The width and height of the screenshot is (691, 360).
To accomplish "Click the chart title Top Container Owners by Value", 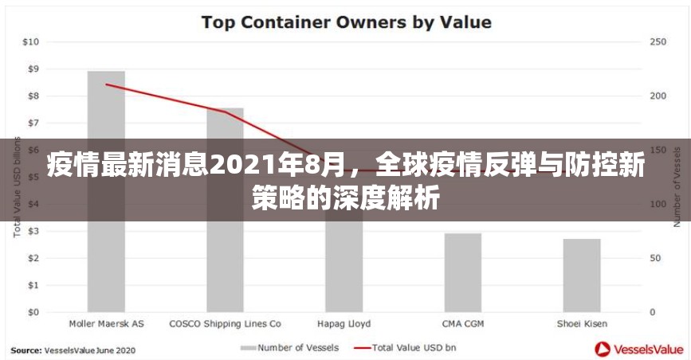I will (x=346, y=22).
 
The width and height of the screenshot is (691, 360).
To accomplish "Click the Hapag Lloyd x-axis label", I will (x=344, y=324).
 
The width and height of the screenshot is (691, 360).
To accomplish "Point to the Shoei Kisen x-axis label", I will (x=582, y=324).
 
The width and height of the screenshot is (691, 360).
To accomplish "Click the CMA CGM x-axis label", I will (x=462, y=324).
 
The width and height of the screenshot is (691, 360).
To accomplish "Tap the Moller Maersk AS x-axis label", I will (x=106, y=324).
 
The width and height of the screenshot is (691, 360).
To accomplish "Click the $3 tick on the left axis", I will (x=33, y=231).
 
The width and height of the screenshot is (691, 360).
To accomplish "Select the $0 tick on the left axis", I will (x=33, y=312).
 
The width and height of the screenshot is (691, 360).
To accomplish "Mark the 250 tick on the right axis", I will (x=659, y=41).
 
